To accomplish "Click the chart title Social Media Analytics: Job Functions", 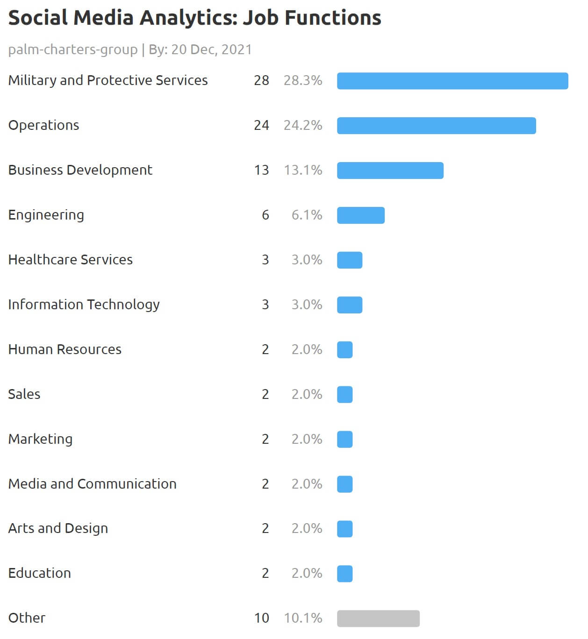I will [x=194, y=18].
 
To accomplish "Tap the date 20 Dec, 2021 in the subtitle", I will [x=211, y=50].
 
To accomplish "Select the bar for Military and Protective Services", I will [x=452, y=81].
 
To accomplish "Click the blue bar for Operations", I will [x=436, y=126].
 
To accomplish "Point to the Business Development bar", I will [x=390, y=170].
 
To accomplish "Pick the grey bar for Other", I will [x=378, y=618].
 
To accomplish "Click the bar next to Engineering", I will [x=360, y=215].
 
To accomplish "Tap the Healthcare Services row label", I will [x=71, y=260].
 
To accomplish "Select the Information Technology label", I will [x=84, y=305].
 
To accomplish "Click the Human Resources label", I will [x=65, y=349].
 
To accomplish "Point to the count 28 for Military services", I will [x=261, y=80].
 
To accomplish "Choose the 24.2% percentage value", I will [x=303, y=125].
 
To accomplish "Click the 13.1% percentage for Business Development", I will [x=303, y=170].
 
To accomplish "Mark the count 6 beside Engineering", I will [x=265, y=215].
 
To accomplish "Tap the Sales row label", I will [x=24, y=394].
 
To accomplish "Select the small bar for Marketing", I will [x=344, y=440].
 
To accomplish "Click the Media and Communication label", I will [x=93, y=484].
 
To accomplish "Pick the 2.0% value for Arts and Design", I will [x=307, y=528].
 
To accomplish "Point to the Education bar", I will [x=344, y=574].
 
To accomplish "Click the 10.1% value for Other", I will [x=303, y=618].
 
